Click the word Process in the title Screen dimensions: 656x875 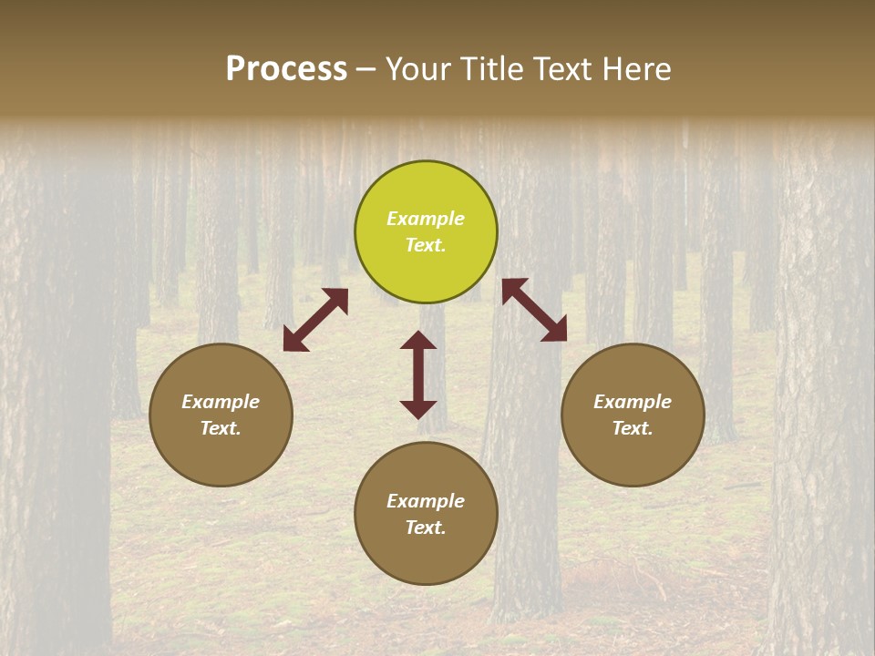click(286, 69)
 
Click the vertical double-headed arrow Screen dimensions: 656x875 click(418, 374)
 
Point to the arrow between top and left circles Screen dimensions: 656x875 click(315, 320)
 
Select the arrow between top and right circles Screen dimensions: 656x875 click(534, 310)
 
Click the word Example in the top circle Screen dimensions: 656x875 click(426, 219)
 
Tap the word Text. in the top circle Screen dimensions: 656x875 click(426, 245)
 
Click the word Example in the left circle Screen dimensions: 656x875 click(221, 402)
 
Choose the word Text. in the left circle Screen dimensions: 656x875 click(221, 428)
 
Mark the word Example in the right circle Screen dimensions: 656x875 click(633, 402)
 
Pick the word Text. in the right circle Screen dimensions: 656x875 click(633, 428)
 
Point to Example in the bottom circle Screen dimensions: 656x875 click(426, 501)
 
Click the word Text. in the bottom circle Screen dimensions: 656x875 click(426, 528)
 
